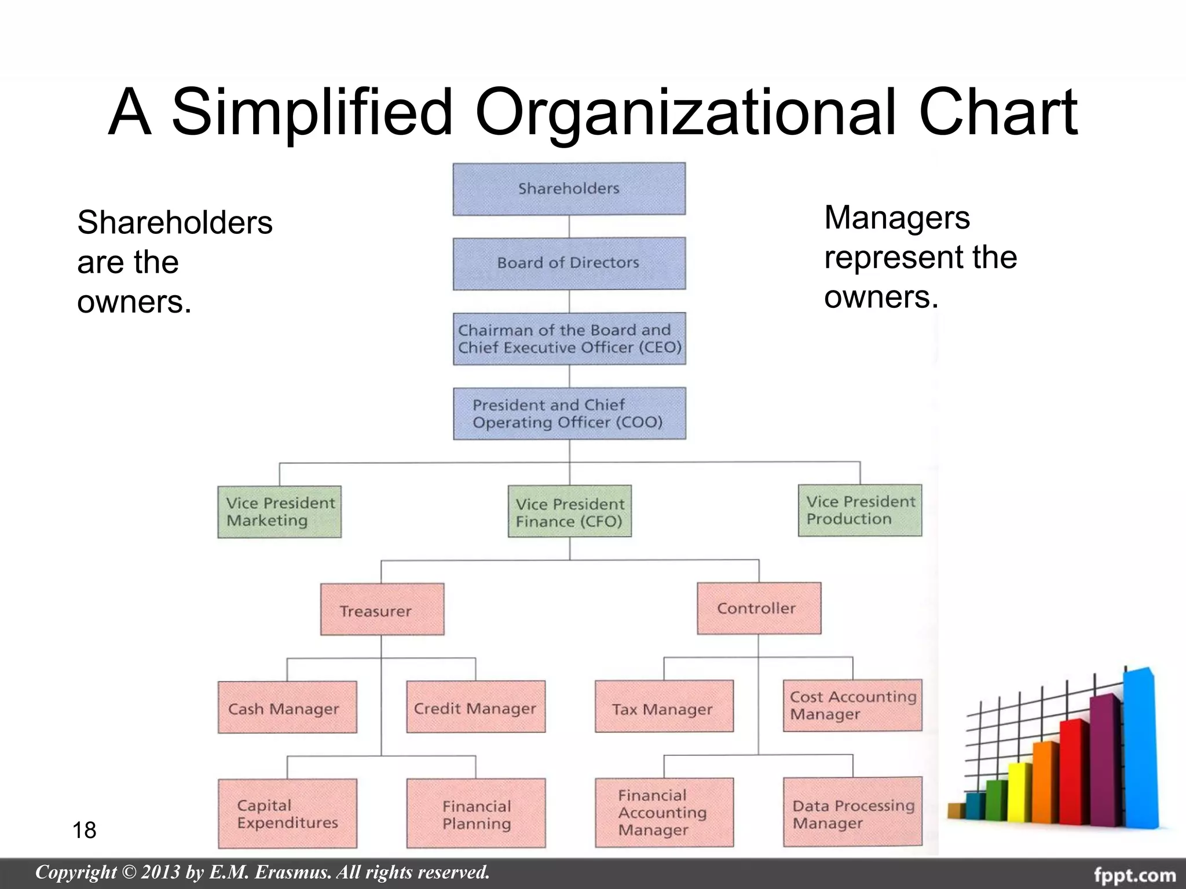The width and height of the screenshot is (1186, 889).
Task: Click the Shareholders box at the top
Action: (569, 189)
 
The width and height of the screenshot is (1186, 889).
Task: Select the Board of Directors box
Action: (569, 263)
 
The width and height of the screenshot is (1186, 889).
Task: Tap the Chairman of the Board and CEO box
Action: (569, 339)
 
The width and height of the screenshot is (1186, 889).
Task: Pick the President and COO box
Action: (569, 413)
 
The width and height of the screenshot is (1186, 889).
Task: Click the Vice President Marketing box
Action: (280, 512)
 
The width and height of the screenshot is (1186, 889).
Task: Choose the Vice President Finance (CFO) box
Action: (570, 512)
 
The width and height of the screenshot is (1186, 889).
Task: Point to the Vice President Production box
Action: (860, 510)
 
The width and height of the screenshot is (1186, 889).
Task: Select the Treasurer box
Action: (382, 609)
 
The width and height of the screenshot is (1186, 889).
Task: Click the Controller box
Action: (759, 608)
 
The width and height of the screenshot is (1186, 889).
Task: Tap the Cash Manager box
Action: (287, 707)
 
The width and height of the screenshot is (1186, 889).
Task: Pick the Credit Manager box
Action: (475, 707)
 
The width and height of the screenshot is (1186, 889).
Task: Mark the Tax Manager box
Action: (664, 707)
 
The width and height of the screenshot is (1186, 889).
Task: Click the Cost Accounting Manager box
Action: (852, 706)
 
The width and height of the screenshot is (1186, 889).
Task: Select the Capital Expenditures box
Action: (287, 813)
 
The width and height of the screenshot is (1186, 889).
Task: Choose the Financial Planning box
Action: (475, 813)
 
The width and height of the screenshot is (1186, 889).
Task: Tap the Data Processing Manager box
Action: (852, 812)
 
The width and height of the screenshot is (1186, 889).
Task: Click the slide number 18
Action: (84, 830)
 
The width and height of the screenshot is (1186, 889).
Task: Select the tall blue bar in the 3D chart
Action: (1139, 747)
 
